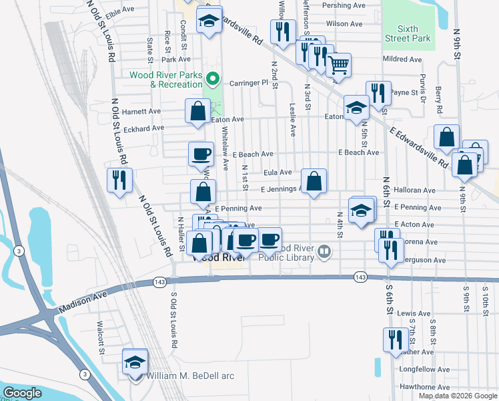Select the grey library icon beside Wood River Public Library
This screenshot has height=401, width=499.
(x=324, y=252)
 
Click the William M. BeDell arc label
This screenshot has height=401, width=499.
(x=191, y=376)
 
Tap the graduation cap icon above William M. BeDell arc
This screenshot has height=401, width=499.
(x=135, y=363)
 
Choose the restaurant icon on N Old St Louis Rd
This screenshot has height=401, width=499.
(x=120, y=180)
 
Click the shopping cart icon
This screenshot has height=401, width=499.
(x=339, y=65)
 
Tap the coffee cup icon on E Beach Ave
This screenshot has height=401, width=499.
(x=201, y=154)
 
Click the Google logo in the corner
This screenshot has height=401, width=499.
(x=22, y=393)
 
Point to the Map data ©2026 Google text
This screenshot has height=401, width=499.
(x=457, y=396)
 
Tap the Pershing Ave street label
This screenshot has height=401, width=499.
(x=344, y=5)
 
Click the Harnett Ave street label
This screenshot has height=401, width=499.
(x=141, y=111)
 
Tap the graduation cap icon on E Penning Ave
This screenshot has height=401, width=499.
(x=361, y=210)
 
